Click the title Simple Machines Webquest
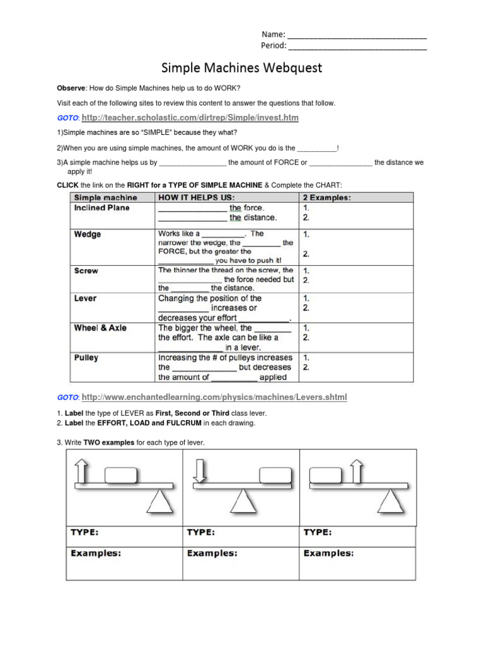tap(242, 67)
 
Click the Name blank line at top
tap(357, 35)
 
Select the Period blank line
tap(358, 47)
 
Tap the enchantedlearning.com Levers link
tap(214, 397)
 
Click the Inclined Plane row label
tap(101, 208)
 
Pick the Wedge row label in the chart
tap(88, 234)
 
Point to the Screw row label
tap(86, 271)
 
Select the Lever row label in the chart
tap(85, 299)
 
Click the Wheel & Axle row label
tap(101, 328)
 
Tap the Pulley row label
tap(86, 358)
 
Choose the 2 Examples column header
tap(327, 198)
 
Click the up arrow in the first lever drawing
tap(83, 471)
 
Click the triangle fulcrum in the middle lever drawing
tap(241, 502)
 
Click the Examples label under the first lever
tap(96, 554)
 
